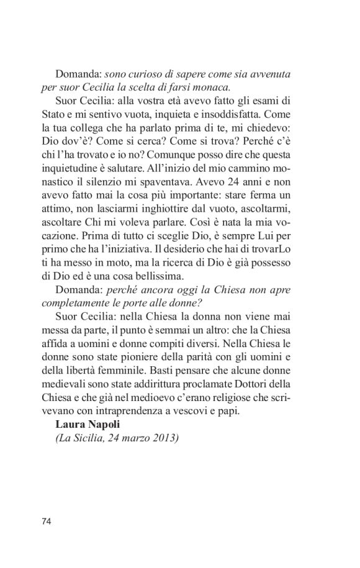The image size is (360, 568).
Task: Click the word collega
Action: click(x=100, y=127)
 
